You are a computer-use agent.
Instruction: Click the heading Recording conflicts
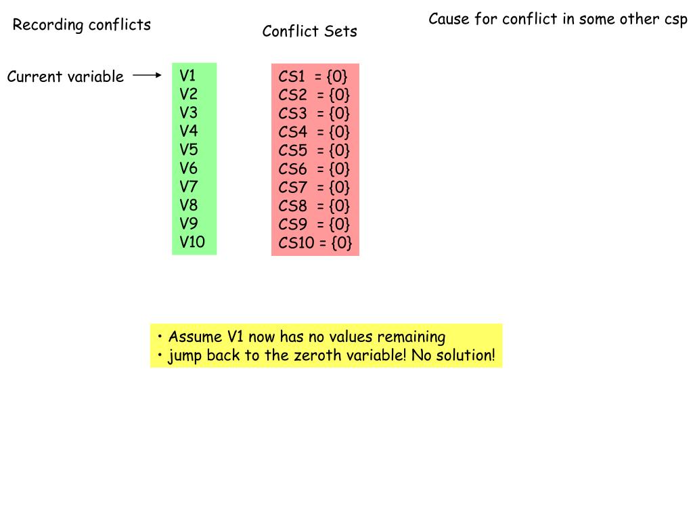[x=81, y=26]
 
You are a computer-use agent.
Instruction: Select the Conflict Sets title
[x=309, y=31]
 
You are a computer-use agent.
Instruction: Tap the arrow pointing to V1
[x=147, y=76]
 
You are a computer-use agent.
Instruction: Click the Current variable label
[x=65, y=77]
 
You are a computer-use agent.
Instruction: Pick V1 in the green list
[x=187, y=75]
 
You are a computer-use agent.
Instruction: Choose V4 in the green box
[x=189, y=131]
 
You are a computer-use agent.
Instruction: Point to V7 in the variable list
[x=189, y=186]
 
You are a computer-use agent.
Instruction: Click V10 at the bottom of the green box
[x=192, y=242]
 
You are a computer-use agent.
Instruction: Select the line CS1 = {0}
[x=313, y=77]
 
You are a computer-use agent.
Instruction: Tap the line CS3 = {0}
[x=314, y=113]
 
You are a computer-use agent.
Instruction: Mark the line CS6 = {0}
[x=314, y=169]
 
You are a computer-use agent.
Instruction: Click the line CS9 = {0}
[x=314, y=224]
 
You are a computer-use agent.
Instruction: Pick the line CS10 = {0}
[x=315, y=243]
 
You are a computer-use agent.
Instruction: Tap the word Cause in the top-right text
[x=449, y=18]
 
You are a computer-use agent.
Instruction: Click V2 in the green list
[x=189, y=94]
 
